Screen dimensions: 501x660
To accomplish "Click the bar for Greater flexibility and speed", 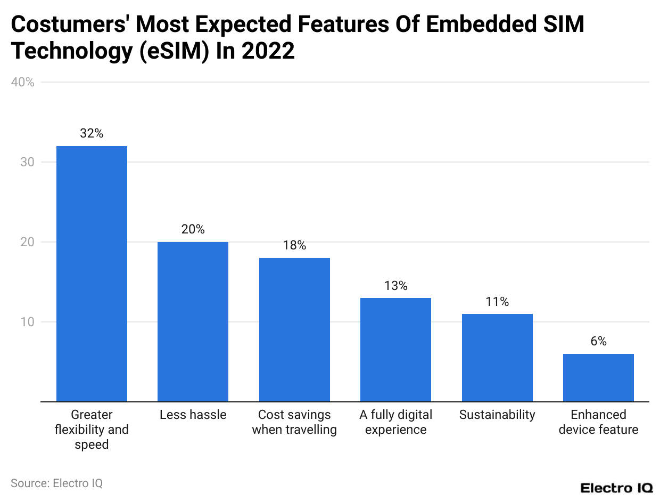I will click(x=92, y=273).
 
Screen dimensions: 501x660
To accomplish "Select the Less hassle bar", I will click(x=193, y=321).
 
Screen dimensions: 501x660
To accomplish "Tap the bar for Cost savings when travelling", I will click(x=294, y=329).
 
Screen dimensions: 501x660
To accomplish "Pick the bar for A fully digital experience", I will click(x=395, y=350).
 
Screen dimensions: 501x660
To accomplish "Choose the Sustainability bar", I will click(x=497, y=358).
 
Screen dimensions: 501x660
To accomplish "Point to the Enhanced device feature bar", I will click(x=598, y=377).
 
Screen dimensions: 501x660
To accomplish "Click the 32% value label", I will click(x=92, y=134).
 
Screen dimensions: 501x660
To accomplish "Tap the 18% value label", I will click(x=294, y=246).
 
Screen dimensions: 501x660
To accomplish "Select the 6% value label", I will click(x=598, y=342).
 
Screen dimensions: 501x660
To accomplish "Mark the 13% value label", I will click(x=395, y=286).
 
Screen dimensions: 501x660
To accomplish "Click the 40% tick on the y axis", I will click(x=22, y=83).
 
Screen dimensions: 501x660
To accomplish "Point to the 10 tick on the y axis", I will click(x=28, y=322).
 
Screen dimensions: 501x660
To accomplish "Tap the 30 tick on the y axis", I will click(x=28, y=162).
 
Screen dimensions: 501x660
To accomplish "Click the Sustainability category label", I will click(x=497, y=415).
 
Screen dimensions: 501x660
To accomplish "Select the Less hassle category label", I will click(x=193, y=415).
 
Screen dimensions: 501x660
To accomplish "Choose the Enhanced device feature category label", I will click(x=598, y=422).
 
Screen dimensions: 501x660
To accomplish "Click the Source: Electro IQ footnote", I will click(x=56, y=483).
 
